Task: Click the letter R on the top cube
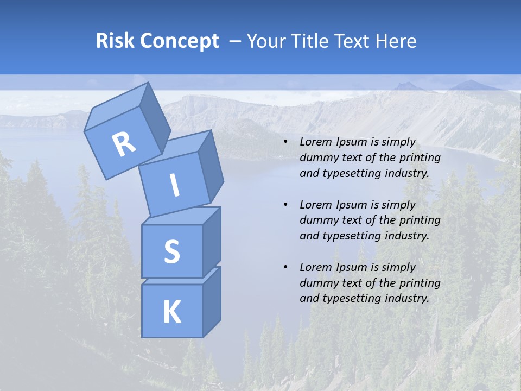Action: coord(124,144)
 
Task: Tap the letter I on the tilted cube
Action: coord(174,185)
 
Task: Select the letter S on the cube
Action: coord(171,251)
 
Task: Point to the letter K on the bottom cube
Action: coord(171,312)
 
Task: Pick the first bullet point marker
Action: coord(285,142)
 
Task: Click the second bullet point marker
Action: coord(285,205)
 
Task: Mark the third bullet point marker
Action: coord(285,267)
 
